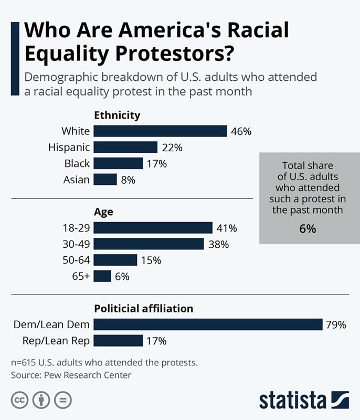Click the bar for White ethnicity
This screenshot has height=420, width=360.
click(160, 131)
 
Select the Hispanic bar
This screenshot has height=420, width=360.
click(125, 148)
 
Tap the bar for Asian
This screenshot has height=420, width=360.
click(105, 180)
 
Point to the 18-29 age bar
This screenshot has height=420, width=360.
click(153, 228)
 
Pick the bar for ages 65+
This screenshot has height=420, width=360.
click(102, 276)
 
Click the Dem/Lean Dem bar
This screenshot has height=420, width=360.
click(208, 324)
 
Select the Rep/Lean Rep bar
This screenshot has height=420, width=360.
click(118, 341)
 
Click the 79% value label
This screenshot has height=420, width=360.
click(335, 325)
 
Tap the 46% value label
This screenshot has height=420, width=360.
click(241, 131)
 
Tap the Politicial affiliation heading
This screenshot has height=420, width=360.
click(143, 308)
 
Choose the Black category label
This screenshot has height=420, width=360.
click(77, 163)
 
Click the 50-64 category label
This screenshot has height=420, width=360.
click(76, 260)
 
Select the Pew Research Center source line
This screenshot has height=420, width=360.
click(71, 375)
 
